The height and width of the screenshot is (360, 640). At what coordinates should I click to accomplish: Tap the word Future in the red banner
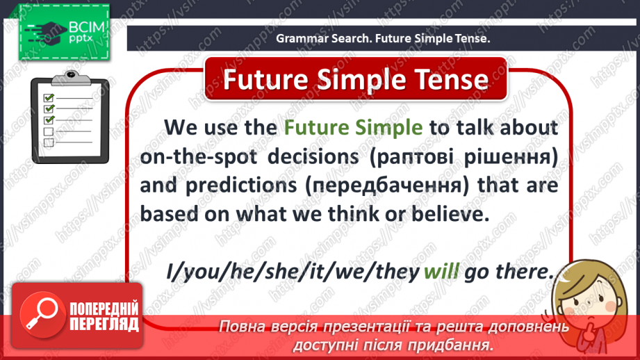(x=265, y=79)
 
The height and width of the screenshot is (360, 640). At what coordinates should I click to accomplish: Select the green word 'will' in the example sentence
(x=441, y=271)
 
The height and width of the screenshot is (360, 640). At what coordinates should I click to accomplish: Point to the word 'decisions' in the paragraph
(x=313, y=157)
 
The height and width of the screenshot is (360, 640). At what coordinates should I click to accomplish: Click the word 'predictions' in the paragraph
(x=241, y=186)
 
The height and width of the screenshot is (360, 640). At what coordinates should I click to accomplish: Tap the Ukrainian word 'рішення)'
(x=511, y=158)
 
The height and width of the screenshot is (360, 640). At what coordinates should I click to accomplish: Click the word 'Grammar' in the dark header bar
(x=302, y=38)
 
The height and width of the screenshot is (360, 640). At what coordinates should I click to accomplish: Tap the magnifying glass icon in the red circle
(x=41, y=314)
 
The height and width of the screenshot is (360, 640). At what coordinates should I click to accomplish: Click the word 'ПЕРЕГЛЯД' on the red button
(x=104, y=325)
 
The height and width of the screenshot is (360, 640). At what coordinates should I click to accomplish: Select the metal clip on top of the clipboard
(x=71, y=78)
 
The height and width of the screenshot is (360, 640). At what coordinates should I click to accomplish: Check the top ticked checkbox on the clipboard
(x=49, y=97)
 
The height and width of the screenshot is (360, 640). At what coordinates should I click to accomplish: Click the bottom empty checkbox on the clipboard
(x=49, y=142)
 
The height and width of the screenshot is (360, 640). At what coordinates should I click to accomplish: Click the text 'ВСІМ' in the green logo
(x=86, y=28)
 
